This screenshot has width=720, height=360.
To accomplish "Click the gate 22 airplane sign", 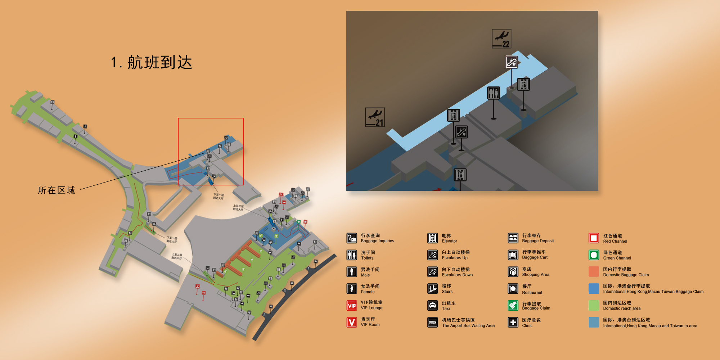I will coord(501,39).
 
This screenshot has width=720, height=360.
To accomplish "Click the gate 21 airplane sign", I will coord(375,117).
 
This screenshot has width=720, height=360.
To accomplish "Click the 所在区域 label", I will coord(57,190).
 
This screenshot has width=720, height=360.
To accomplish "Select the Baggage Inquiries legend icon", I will coord(352,238).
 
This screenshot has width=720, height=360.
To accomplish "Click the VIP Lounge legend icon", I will coord(352,305).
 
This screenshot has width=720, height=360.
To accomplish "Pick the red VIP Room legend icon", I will coord(352,322).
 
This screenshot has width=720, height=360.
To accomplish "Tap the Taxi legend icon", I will coord(432,305).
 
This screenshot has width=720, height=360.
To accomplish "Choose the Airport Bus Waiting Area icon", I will coord(432,322).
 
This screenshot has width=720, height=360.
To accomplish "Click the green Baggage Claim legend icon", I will coord(513,305).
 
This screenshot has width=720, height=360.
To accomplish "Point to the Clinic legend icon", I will coord(513,322).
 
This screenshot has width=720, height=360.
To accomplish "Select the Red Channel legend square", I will coord(594,238).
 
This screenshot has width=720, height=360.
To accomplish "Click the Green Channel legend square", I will coord(594,255).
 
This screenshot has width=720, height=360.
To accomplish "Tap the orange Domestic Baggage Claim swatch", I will coord(594,271).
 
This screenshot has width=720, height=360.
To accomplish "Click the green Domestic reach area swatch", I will coord(594,305).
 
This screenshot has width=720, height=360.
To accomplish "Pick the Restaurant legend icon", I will coord(513,289).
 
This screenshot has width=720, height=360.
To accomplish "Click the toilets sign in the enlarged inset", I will coord(493,93).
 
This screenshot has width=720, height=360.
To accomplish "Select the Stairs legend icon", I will coord(432,289).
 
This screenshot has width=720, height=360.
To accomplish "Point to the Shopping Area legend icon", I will coord(513,271).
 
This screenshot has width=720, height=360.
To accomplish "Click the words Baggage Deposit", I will coord(538,241).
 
